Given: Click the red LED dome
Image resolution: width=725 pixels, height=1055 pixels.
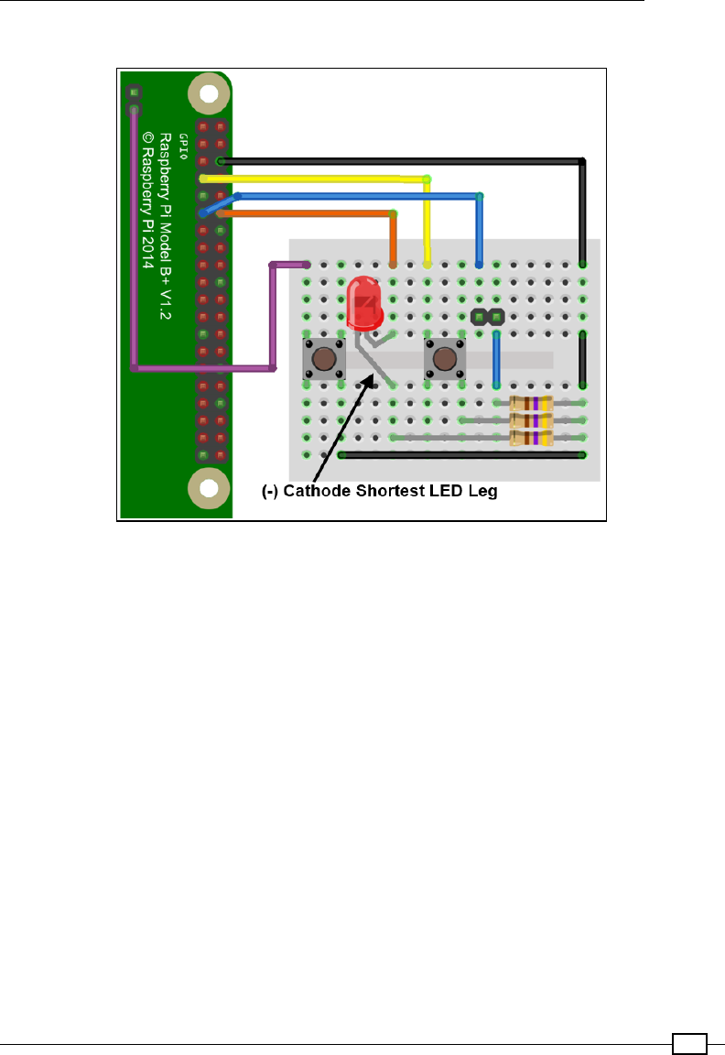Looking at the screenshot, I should point(363,298).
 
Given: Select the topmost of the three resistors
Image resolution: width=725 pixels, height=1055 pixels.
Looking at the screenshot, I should point(531,403).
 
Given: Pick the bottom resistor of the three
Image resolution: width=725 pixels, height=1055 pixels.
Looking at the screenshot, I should point(531,438).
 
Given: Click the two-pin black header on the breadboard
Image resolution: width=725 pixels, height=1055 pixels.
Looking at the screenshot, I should point(488,317).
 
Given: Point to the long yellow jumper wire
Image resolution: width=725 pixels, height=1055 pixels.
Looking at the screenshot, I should point(311,179).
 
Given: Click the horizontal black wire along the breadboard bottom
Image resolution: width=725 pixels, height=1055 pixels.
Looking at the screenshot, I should point(462,454).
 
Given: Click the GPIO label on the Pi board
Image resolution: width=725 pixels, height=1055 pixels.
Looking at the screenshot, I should point(184,143).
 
